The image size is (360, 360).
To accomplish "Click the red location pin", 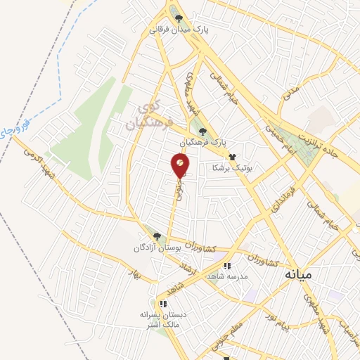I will (x=180, y=166).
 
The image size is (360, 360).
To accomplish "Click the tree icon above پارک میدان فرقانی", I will (x=179, y=19).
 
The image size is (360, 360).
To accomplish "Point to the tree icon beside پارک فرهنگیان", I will (x=202, y=131).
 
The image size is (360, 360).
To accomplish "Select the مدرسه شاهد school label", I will (x=226, y=277).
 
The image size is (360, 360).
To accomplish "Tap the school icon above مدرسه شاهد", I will (x=226, y=266).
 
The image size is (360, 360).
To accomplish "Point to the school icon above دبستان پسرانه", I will (x=162, y=304).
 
